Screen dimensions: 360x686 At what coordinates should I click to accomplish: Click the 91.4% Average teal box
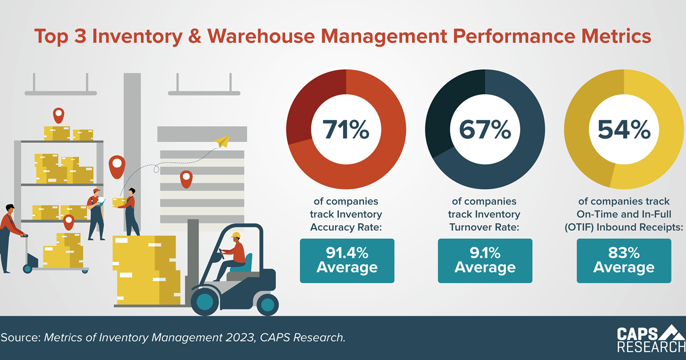tap(347, 261)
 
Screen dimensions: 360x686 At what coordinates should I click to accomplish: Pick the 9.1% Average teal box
tap(485, 261)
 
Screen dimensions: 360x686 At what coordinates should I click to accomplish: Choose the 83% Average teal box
tap(624, 261)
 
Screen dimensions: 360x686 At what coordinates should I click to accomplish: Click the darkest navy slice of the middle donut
tap(449, 114)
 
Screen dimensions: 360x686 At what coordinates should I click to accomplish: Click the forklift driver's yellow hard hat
tap(236, 235)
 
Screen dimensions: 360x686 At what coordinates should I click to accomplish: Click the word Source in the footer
tap(20, 337)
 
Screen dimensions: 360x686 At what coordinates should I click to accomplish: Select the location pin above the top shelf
tap(58, 115)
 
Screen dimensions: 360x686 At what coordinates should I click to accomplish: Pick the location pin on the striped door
tap(186, 179)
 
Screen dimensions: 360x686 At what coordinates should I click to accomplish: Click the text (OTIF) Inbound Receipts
tap(624, 227)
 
